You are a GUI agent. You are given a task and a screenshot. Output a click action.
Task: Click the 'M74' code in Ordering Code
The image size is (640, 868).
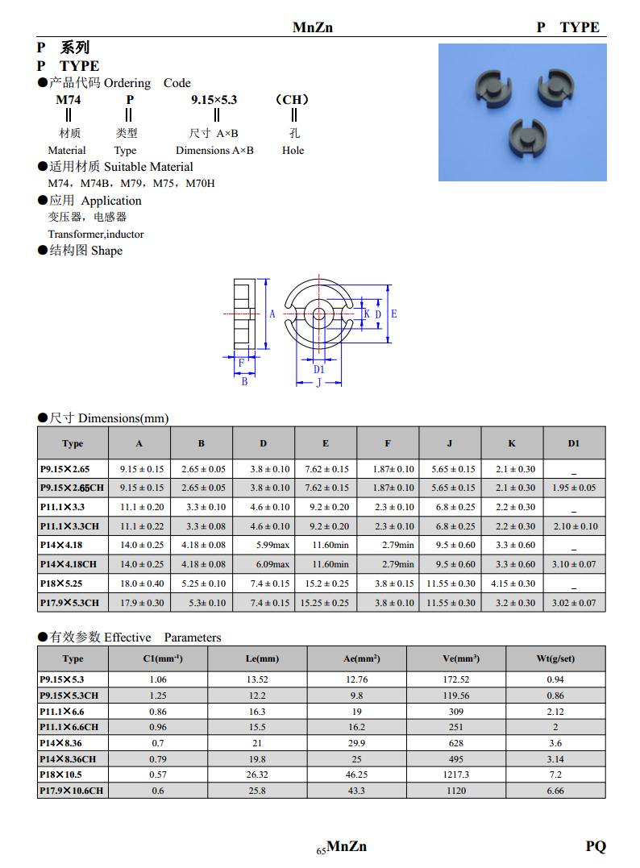68,100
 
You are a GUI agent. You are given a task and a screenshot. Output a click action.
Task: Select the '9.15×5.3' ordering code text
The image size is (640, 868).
214,100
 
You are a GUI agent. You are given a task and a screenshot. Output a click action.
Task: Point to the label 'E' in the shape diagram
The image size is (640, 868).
394,314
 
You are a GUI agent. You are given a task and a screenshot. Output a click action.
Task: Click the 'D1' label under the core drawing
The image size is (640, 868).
318,369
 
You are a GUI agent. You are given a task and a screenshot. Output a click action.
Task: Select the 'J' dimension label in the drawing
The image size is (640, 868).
318,383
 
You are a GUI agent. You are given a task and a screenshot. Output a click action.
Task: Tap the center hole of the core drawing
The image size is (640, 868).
318,314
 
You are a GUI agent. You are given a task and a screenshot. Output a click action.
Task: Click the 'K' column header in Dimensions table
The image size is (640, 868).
512,443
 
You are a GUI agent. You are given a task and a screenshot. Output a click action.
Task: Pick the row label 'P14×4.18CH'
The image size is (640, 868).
69,564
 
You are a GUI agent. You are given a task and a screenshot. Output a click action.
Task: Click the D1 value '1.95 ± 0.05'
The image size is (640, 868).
574,488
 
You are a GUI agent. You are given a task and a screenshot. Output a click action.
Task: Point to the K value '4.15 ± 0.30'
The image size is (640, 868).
512,584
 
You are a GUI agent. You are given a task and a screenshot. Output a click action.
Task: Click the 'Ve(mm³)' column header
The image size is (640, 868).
461,658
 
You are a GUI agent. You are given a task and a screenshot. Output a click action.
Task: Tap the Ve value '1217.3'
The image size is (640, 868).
456,775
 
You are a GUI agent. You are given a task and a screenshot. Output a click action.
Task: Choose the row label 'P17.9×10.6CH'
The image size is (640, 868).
72,791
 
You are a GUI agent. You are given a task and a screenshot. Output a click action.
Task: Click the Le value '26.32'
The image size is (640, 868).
257,775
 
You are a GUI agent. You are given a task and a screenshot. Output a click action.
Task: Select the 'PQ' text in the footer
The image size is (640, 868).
596,846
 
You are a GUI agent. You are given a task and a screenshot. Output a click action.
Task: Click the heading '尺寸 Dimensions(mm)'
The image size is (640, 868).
109,417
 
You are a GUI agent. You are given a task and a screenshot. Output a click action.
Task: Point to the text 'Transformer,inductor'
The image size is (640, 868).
96,234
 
